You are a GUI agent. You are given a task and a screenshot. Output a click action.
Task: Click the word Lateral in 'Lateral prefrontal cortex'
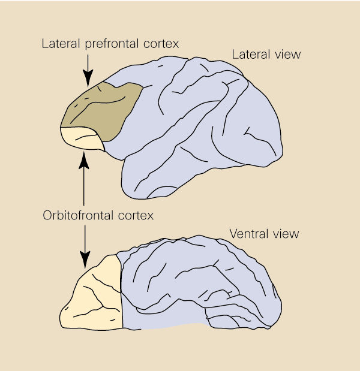click(58, 44)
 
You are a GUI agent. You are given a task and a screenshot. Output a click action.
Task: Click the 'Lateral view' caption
click(266, 55)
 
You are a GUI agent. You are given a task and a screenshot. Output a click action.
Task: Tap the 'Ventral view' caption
click(264, 233)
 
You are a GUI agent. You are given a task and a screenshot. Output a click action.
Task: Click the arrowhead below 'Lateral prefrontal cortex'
click(88, 79)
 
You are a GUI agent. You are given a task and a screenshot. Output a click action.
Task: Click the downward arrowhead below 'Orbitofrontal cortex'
click(84, 261)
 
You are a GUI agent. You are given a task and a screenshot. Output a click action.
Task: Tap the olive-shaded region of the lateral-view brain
click(102, 108)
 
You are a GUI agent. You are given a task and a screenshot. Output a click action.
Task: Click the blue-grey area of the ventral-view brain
click(198, 288)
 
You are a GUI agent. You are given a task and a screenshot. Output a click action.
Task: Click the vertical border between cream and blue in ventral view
click(122, 294)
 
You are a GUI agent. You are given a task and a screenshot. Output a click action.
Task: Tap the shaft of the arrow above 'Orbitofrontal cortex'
click(84, 186)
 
